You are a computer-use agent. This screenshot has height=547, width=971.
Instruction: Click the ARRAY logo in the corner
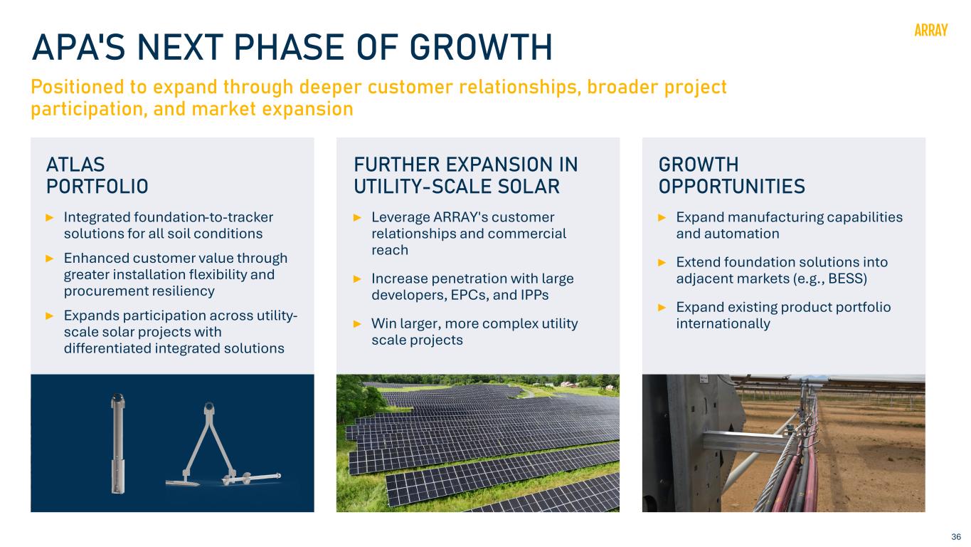(930, 30)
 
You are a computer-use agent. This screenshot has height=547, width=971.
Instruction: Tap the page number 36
(956, 537)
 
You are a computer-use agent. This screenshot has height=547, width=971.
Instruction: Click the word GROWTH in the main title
(481, 47)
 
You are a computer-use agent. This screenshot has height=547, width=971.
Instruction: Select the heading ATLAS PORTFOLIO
(97, 175)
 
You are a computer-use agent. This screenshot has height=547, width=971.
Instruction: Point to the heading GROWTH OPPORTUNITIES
(732, 175)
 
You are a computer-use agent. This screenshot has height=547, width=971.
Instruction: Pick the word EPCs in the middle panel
(468, 295)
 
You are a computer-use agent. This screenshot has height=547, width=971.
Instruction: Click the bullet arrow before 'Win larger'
(357, 323)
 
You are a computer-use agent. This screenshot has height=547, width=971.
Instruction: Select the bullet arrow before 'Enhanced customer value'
(49, 259)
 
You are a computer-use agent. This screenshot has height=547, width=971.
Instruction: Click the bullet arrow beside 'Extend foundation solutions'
(662, 262)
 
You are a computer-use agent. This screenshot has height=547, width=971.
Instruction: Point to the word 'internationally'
(723, 324)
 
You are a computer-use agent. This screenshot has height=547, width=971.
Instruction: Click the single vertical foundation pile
(117, 443)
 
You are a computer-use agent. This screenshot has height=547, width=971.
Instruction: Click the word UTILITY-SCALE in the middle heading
(423, 187)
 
